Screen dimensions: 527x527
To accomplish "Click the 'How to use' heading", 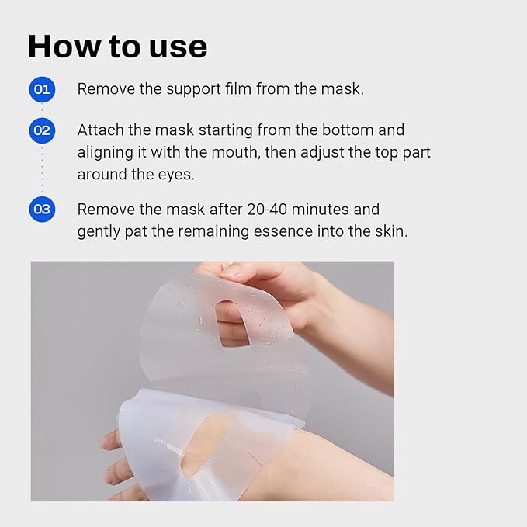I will tap(117, 47).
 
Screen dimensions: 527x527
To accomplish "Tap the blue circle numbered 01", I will tap(42, 89).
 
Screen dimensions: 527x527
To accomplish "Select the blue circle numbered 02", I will tap(42, 130).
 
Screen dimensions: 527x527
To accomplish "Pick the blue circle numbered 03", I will tap(42, 209).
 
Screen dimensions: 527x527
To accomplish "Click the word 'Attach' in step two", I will tap(99, 130).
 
